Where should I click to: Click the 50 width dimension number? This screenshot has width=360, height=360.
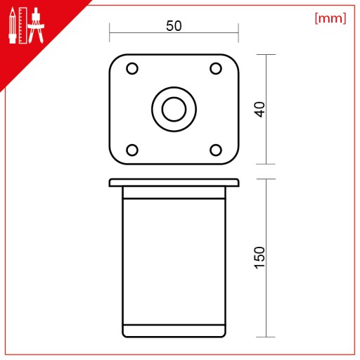pos(174,26)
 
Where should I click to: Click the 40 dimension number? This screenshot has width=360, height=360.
pos(259,109)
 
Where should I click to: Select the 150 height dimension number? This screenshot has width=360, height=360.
pos(259,257)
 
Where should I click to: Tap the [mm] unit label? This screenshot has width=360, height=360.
pos(330,18)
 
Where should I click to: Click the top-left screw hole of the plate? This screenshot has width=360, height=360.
pos(132,68)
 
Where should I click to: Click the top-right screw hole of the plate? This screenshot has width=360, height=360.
pos(216,68)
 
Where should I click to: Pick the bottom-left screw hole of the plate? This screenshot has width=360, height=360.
pos(132,150)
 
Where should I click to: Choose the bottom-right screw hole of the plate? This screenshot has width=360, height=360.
pos(216,150)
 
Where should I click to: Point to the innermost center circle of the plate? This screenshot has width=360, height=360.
pos(174,109)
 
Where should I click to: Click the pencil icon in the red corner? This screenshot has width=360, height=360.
pos(13,25)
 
